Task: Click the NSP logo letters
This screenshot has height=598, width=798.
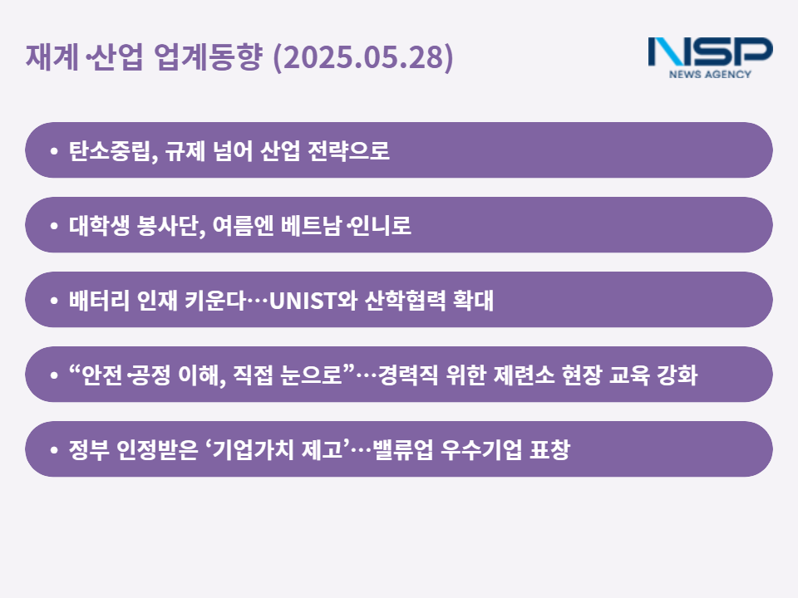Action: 711,51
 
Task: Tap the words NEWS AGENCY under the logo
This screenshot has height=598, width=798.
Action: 710,74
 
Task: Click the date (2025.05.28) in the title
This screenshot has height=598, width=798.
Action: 363,57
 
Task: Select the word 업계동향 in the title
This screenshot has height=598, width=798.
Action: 208,56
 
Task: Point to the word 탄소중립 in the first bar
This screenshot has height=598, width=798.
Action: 109,150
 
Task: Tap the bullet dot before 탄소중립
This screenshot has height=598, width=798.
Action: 54,150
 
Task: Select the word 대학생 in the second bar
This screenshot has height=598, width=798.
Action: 99,225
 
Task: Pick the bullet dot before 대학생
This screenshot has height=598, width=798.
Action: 54,225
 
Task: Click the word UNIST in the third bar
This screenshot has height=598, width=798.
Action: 303,301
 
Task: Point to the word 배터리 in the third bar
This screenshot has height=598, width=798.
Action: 99,300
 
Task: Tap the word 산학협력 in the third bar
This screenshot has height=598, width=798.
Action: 405,300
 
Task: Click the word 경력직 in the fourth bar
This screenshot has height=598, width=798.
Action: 407,375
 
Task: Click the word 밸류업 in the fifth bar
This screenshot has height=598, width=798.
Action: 403,449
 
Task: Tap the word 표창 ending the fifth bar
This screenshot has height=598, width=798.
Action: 549,449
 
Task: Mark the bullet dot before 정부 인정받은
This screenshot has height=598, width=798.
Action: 54,449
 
